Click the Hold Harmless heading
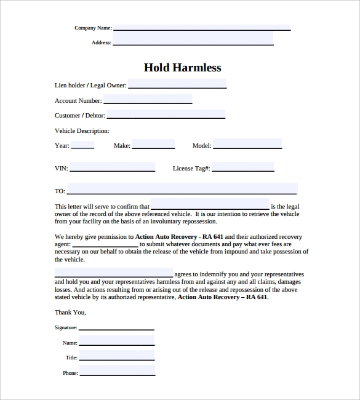point(182,68)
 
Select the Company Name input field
point(201,27)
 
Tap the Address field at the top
point(193,39)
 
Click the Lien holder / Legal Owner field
point(177,84)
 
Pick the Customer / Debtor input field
point(166,114)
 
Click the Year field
point(82,145)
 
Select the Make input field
point(153,145)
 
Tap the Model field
point(247,145)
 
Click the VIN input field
point(112,167)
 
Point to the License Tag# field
point(243,167)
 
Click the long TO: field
point(182,190)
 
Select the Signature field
point(116,326)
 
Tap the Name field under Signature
point(116,342)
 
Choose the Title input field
point(116,357)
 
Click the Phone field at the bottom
point(116,372)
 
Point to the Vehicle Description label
point(82,130)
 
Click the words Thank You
point(70,312)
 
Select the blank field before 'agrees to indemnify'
point(114,273)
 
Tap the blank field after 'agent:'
point(105,244)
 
